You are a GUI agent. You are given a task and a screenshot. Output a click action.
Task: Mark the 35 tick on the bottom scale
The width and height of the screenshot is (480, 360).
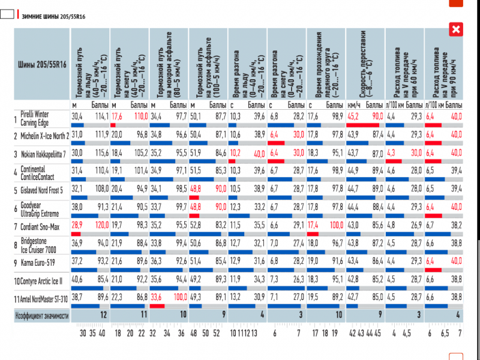92,334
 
